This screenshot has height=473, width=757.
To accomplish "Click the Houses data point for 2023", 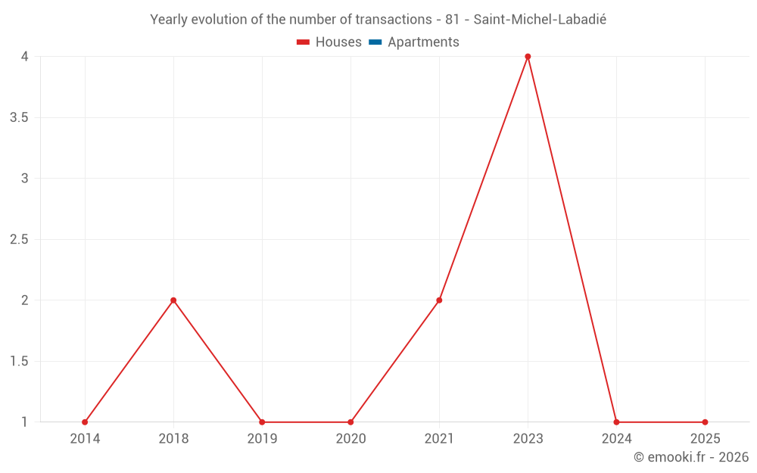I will [528, 57].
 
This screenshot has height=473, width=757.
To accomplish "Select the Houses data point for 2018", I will [173, 300].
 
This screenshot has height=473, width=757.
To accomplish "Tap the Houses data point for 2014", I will [85, 422].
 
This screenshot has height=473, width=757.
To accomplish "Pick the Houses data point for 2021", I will [439, 300].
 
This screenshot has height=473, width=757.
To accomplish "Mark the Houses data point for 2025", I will [705, 422].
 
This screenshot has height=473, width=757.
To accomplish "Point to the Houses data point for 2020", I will [350, 422].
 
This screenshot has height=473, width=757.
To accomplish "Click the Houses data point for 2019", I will [262, 422].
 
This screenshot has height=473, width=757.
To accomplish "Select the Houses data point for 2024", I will [616, 422].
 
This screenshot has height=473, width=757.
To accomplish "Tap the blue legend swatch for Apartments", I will [375, 42].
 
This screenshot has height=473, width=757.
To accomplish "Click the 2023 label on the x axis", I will [528, 439].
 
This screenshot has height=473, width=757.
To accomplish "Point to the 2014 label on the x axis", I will [85, 439].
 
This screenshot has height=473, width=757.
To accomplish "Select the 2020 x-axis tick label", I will [350, 439].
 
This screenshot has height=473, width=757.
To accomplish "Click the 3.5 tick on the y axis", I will [20, 118].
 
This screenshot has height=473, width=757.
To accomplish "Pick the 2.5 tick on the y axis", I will [20, 240].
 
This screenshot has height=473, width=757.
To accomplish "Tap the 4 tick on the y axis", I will [24, 57].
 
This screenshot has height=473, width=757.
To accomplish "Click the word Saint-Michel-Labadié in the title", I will [540, 20].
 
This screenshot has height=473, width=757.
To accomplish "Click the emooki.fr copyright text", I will [691, 457].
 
